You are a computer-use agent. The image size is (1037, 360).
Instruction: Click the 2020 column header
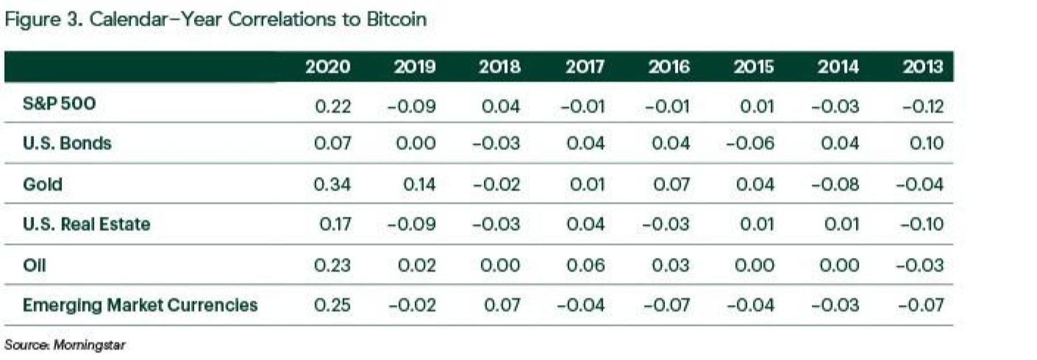click(x=327, y=67)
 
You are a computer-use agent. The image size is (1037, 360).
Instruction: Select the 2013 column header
click(x=923, y=67)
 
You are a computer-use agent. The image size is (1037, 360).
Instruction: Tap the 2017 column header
click(x=584, y=67)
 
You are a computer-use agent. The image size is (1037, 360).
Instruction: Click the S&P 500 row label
click(x=59, y=104)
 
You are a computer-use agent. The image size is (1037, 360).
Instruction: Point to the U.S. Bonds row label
click(x=67, y=143)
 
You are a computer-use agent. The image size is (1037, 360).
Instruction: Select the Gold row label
click(x=42, y=184)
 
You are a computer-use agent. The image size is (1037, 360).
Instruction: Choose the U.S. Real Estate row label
click(x=86, y=223)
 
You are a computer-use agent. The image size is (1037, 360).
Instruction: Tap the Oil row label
click(x=34, y=265)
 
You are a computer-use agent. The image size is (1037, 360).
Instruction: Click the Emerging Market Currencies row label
click(x=140, y=305)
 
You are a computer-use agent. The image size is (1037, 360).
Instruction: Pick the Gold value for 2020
click(x=332, y=184)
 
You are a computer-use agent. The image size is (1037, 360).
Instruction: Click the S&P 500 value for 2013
click(x=922, y=106)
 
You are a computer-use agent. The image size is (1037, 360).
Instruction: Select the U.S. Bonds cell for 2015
click(x=750, y=143)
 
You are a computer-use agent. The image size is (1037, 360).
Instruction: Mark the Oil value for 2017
click(x=585, y=265)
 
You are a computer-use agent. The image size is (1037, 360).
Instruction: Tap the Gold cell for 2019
click(x=419, y=184)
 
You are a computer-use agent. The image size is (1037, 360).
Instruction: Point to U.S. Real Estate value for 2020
click(x=335, y=223)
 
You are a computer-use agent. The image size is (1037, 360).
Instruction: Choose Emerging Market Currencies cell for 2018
click(x=501, y=305)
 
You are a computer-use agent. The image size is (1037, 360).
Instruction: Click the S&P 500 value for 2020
click(x=333, y=106)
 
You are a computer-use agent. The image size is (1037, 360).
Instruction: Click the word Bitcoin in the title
click(x=396, y=19)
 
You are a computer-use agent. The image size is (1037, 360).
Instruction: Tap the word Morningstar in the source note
click(x=89, y=345)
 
